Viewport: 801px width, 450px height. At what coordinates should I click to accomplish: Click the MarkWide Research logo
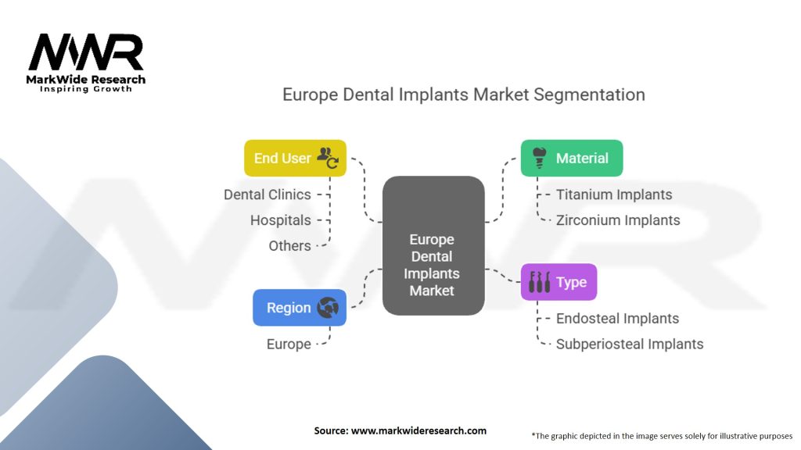pyautogui.click(x=87, y=60)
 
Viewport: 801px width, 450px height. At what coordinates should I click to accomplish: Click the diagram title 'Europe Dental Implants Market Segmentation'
pyautogui.click(x=464, y=95)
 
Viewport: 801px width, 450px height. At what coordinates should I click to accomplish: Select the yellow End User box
pyautogui.click(x=295, y=158)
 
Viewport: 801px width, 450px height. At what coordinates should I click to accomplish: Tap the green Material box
pyautogui.click(x=572, y=158)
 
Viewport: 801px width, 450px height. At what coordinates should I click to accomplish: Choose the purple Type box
pyautogui.click(x=559, y=282)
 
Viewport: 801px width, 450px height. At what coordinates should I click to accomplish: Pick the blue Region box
pyautogui.click(x=300, y=308)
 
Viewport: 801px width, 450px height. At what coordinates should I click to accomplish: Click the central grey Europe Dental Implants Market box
pyautogui.click(x=433, y=246)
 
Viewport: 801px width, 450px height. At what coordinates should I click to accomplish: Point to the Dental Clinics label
pyautogui.click(x=268, y=195)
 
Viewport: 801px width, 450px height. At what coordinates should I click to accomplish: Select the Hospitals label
pyautogui.click(x=281, y=220)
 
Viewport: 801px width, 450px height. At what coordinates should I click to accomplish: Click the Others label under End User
pyautogui.click(x=290, y=245)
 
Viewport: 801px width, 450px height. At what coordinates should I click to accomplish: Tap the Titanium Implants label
pyautogui.click(x=614, y=195)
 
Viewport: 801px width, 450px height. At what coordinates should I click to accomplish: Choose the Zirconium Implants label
pyautogui.click(x=618, y=220)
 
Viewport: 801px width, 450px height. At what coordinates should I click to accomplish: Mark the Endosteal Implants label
pyautogui.click(x=617, y=318)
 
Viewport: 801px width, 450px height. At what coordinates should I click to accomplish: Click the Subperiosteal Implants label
pyautogui.click(x=630, y=344)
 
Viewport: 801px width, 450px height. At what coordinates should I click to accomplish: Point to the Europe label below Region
pyautogui.click(x=289, y=344)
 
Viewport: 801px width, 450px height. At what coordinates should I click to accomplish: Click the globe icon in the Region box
pyautogui.click(x=328, y=308)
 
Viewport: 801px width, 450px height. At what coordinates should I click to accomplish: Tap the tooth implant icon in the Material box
pyautogui.click(x=538, y=158)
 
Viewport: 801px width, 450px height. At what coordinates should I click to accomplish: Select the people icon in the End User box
pyautogui.click(x=327, y=158)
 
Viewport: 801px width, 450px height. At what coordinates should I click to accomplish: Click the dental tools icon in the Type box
pyautogui.click(x=540, y=282)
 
